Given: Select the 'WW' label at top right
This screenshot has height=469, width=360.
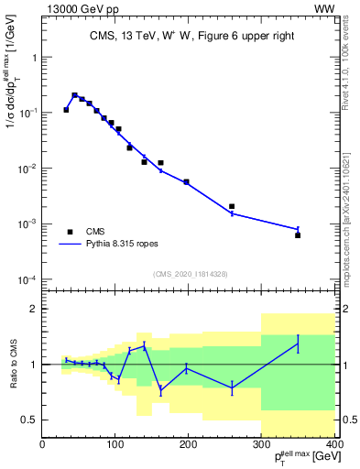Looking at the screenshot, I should click(324, 8).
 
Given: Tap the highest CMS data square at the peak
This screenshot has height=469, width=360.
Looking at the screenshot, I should click(75, 95).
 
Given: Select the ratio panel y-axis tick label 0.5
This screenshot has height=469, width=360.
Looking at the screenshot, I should click(28, 420).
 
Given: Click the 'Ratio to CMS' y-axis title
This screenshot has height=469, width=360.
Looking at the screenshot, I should click(12, 365).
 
